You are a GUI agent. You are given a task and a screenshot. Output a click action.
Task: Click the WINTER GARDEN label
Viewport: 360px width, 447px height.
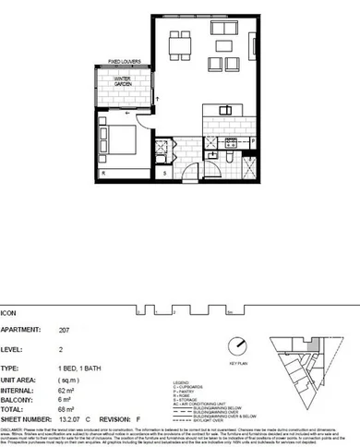click(x=123, y=83)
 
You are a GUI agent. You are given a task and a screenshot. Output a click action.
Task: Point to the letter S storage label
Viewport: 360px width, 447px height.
click(x=164, y=172)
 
